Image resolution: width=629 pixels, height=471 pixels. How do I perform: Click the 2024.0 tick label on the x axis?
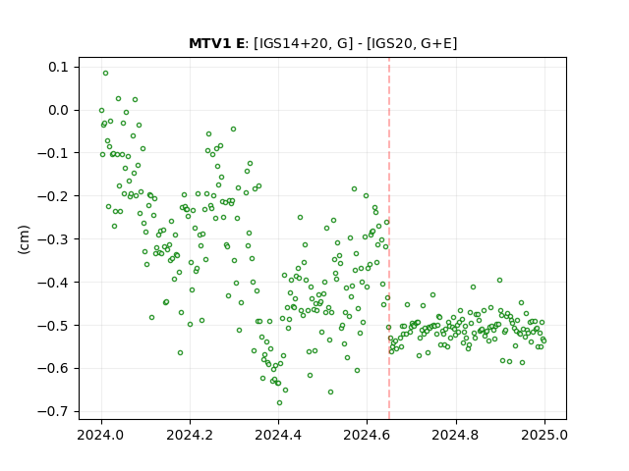click(x=101, y=435)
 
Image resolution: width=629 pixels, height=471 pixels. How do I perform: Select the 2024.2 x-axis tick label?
click(x=190, y=435)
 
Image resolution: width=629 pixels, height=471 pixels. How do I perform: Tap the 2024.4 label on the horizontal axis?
click(x=278, y=435)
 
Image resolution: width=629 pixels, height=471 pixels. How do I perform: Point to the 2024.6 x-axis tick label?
click(x=367, y=435)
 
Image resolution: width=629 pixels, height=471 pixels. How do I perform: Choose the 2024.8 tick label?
click(x=456, y=435)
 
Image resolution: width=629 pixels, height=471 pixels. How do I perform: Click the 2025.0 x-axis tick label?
click(x=544, y=435)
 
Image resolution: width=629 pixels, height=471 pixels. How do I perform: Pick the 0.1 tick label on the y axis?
click(x=58, y=67)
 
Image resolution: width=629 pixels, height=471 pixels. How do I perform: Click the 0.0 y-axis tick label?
click(x=58, y=110)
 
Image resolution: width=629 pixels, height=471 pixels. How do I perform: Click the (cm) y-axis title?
click(x=24, y=239)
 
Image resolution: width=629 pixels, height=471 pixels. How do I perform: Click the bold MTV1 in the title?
click(x=205, y=43)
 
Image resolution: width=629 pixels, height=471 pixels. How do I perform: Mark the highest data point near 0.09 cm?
click(x=105, y=74)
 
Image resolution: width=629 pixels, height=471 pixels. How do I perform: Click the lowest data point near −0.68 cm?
click(x=279, y=403)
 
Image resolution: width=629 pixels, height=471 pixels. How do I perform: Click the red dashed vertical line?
click(x=389, y=238)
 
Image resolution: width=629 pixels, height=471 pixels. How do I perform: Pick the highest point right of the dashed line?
click(x=499, y=281)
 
